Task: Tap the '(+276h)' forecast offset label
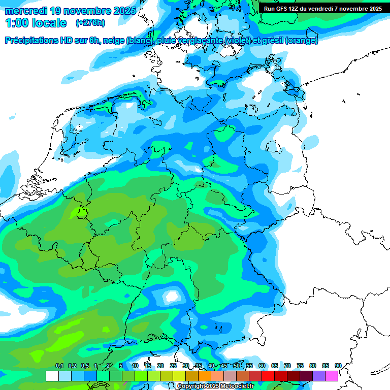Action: pyautogui.click(x=90, y=23)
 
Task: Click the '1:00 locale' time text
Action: pyautogui.click(x=36, y=23)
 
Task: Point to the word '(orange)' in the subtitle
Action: pyautogui.click(x=302, y=41)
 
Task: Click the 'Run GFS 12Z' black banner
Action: pyautogui.click(x=323, y=9)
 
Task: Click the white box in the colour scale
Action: pyautogui.click(x=52, y=376)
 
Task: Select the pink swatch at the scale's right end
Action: pyautogui.click(x=332, y=376)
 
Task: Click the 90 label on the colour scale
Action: pyautogui.click(x=338, y=366)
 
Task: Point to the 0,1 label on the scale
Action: pyautogui.click(x=59, y=366)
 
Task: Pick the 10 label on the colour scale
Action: pyautogui.click(x=135, y=366)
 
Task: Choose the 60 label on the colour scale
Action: pyautogui.click(x=262, y=366)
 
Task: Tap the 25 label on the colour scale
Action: pyautogui.click(x=173, y=366)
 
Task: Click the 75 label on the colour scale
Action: pyautogui.click(x=300, y=366)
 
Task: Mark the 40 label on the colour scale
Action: pyautogui.click(x=211, y=366)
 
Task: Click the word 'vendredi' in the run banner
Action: pyautogui.click(x=320, y=9)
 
